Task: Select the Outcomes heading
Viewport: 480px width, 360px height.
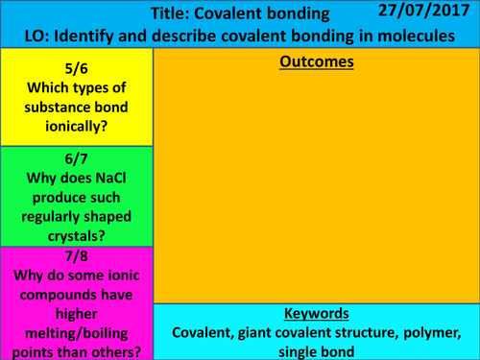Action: click(x=316, y=62)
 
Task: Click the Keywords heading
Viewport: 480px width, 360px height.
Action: click(x=317, y=314)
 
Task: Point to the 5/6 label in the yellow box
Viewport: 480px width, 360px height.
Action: click(x=76, y=66)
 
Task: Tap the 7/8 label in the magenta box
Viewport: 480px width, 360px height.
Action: click(x=76, y=256)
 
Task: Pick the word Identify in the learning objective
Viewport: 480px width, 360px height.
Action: click(x=91, y=37)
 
